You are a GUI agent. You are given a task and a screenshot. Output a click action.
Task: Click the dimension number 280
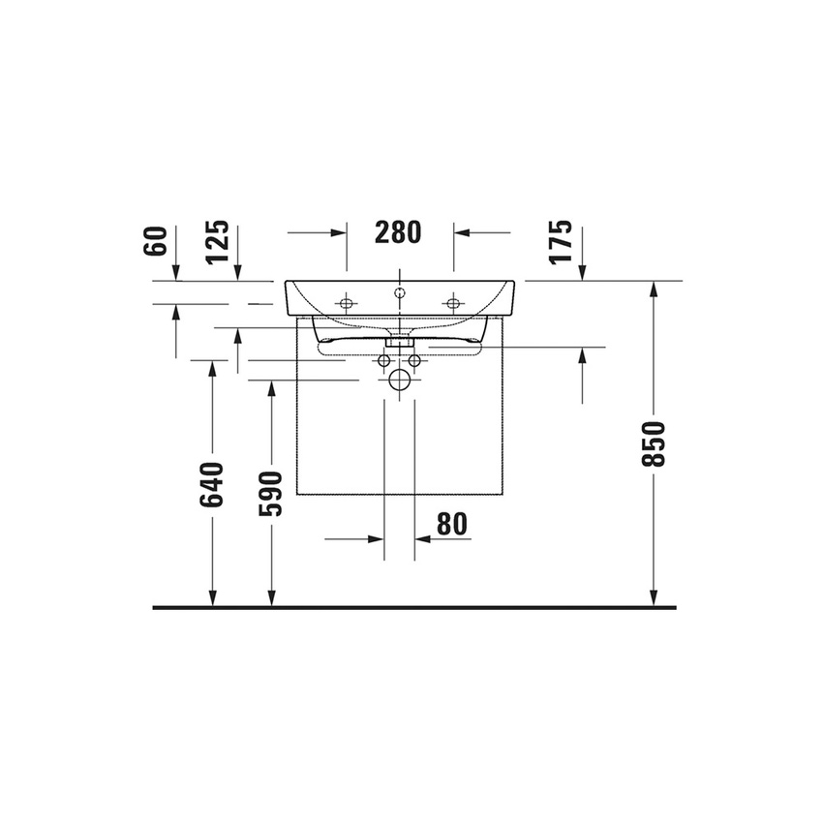click(x=398, y=232)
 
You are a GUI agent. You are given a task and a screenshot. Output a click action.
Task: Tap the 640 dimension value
click(x=213, y=484)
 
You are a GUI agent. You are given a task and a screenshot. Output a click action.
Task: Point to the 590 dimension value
click(x=272, y=494)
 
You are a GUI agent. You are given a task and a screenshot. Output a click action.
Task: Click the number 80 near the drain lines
click(x=451, y=524)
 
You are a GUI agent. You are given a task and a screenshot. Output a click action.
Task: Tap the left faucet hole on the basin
click(x=347, y=304)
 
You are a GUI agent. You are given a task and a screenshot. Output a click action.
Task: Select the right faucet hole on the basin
click(x=451, y=304)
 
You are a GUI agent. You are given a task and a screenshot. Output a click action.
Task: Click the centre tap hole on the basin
click(x=399, y=290)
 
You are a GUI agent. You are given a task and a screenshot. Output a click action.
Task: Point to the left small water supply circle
click(x=384, y=361)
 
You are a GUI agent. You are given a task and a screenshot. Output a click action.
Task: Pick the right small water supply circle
click(x=414, y=361)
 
